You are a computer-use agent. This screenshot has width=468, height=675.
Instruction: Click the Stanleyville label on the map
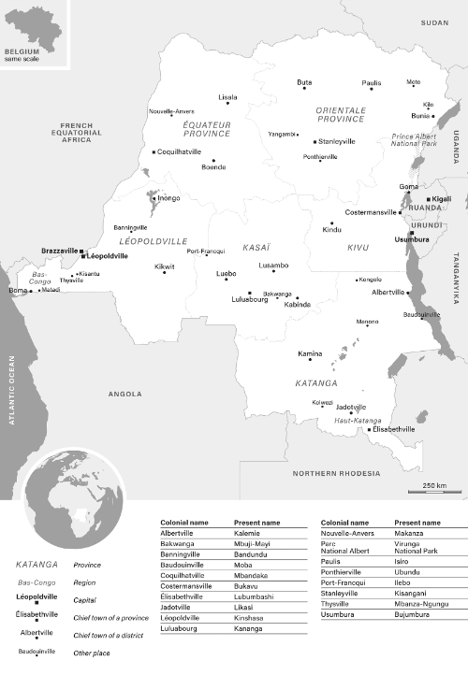[x=338, y=141]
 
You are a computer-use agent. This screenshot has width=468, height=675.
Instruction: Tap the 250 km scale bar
[x=433, y=490]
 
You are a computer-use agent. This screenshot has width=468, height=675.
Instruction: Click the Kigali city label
[x=440, y=199]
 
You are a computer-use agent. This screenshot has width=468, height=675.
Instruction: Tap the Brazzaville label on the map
[x=60, y=251]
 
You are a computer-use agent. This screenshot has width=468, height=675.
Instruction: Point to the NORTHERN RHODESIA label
[x=338, y=473]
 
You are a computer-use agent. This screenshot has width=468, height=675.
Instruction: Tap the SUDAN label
[x=435, y=22]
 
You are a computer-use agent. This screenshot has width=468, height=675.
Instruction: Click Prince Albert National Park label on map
[x=414, y=141]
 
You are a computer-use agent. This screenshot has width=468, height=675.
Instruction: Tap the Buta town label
[x=304, y=82]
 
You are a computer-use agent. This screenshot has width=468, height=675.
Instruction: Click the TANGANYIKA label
[x=458, y=280]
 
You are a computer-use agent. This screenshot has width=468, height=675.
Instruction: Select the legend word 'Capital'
[x=87, y=599]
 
